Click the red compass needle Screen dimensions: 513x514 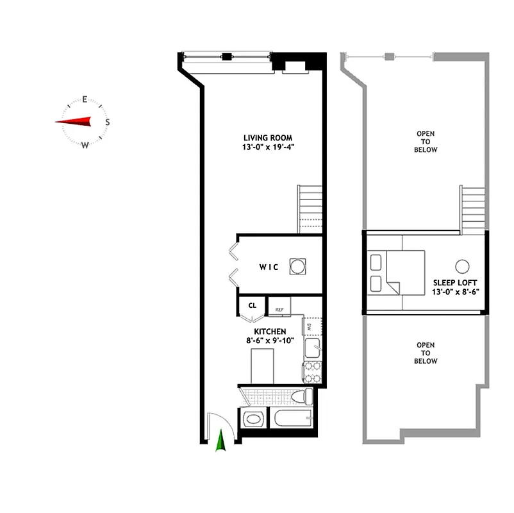(73, 121)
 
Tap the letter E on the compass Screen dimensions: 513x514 (85, 99)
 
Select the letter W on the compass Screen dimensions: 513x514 (85, 144)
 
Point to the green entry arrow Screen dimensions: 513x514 (222, 442)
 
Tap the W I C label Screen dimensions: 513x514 (269, 267)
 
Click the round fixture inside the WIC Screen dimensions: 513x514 (297, 266)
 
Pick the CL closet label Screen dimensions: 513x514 (252, 305)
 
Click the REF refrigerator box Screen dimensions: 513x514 (280, 308)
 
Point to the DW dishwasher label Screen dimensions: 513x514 (309, 327)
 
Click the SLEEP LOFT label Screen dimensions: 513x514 (456, 282)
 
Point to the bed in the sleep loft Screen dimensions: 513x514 (401, 272)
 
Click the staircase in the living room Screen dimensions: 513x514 (310, 208)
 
